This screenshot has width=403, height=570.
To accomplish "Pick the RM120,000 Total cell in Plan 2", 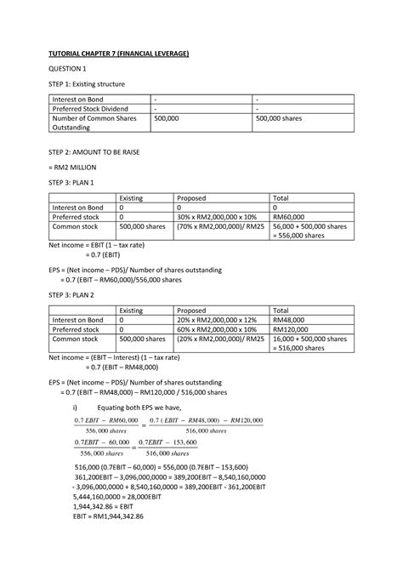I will click(292, 327).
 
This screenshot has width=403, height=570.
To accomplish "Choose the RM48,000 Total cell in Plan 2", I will click(289, 316).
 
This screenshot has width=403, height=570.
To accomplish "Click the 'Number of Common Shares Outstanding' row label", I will click(94, 125).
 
